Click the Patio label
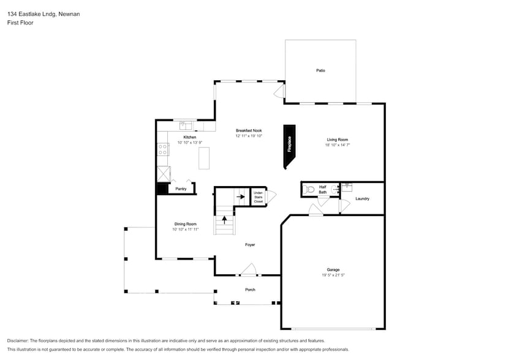coord(320,70)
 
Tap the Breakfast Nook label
coord(249,130)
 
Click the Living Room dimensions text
coord(337,145)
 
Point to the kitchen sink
coord(186,126)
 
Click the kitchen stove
coord(163,149)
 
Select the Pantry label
coord(181,189)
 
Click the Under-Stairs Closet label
coord(258,197)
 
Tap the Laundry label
coord(362,198)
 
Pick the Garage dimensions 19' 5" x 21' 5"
coord(333,276)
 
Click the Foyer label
coord(250,244)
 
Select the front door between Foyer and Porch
coord(248,271)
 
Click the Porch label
coord(250,290)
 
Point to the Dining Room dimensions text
coord(185,229)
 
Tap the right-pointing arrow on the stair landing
coord(241,197)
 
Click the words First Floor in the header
coord(21,23)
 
